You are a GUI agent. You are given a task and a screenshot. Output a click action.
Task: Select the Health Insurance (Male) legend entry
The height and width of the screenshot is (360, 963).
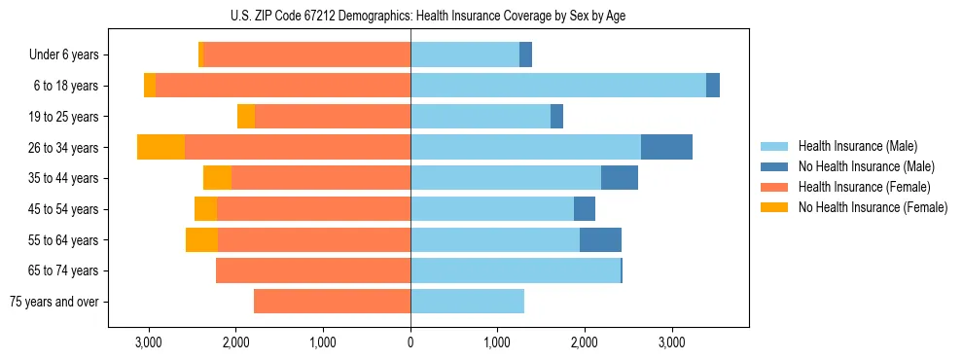[852, 147]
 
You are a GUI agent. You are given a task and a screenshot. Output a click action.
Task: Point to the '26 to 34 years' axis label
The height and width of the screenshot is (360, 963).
[63, 148]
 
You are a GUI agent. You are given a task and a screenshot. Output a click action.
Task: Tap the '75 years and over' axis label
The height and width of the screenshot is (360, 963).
[54, 302]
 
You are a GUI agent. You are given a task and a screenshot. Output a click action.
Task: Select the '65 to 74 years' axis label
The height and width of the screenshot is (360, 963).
[63, 270]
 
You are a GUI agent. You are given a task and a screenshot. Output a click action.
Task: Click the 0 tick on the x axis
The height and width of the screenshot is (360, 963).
[410, 342]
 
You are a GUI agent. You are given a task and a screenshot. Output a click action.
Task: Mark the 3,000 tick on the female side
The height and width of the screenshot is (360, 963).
[149, 342]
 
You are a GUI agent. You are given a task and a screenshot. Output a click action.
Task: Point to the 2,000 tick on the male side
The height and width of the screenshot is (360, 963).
[585, 342]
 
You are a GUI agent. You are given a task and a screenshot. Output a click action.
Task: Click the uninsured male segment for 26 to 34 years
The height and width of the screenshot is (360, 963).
[666, 147]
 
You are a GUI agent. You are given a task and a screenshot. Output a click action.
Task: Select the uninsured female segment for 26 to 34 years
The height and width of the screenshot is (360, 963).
[160, 147]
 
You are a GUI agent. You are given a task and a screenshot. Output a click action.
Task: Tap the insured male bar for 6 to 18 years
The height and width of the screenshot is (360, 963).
[558, 86]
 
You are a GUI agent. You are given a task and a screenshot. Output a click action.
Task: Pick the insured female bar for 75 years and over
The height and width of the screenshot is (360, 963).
[332, 302]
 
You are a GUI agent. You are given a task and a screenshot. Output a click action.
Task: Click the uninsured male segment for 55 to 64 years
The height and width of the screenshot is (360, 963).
[600, 239]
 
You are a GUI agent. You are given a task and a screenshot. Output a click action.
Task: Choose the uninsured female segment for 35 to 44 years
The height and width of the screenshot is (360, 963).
[217, 178]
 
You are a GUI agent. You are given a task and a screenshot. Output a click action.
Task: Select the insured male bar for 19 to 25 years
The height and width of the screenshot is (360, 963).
[481, 117]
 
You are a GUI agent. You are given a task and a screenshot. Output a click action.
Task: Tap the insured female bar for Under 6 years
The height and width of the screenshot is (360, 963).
[306, 55]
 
